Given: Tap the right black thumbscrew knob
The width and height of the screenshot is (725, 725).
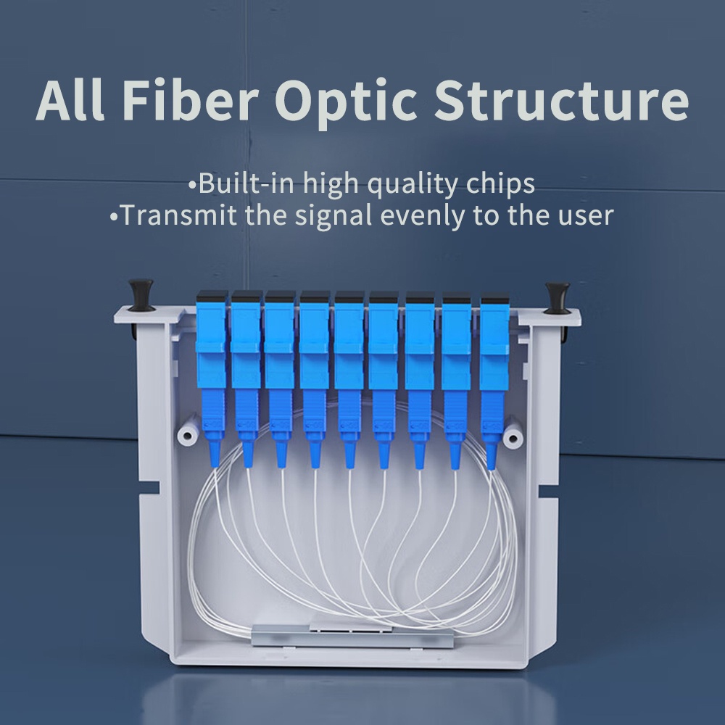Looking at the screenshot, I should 557,297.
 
